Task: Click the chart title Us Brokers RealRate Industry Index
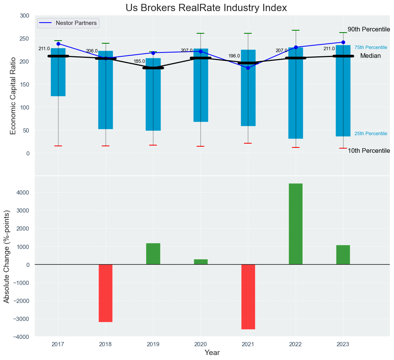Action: click(x=206, y=8)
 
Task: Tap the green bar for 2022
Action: click(x=295, y=224)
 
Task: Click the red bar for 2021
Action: click(x=248, y=296)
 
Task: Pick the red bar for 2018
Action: click(x=106, y=293)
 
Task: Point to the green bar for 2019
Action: click(x=153, y=254)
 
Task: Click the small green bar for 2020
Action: click(x=200, y=262)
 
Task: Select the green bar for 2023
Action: click(x=343, y=255)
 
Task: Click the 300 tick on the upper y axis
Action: click(x=24, y=16)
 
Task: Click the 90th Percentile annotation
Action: click(x=368, y=29)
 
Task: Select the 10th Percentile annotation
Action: click(x=368, y=151)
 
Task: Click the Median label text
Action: click(x=370, y=56)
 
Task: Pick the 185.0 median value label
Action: click(x=139, y=61)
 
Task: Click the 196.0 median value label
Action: click(x=234, y=56)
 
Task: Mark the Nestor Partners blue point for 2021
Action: click(x=248, y=68)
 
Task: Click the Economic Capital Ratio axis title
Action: click(x=13, y=95)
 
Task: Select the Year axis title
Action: click(x=212, y=353)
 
